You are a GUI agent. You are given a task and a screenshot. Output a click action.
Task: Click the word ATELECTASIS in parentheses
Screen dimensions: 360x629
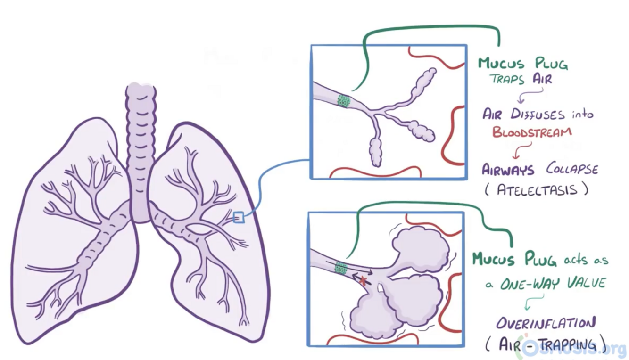[537, 189]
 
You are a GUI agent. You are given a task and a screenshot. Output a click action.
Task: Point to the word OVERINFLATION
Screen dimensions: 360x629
[546, 323]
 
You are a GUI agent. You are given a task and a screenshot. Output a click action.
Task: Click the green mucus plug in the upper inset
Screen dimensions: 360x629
[343, 100]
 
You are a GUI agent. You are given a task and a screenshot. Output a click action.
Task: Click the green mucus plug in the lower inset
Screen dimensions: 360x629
[340, 269]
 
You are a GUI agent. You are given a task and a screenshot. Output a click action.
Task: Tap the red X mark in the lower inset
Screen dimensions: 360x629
[363, 281]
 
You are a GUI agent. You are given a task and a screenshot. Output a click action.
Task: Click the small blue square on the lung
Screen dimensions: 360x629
[239, 217]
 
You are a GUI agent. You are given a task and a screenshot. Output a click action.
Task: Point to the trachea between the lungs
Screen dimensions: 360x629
[140, 151]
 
